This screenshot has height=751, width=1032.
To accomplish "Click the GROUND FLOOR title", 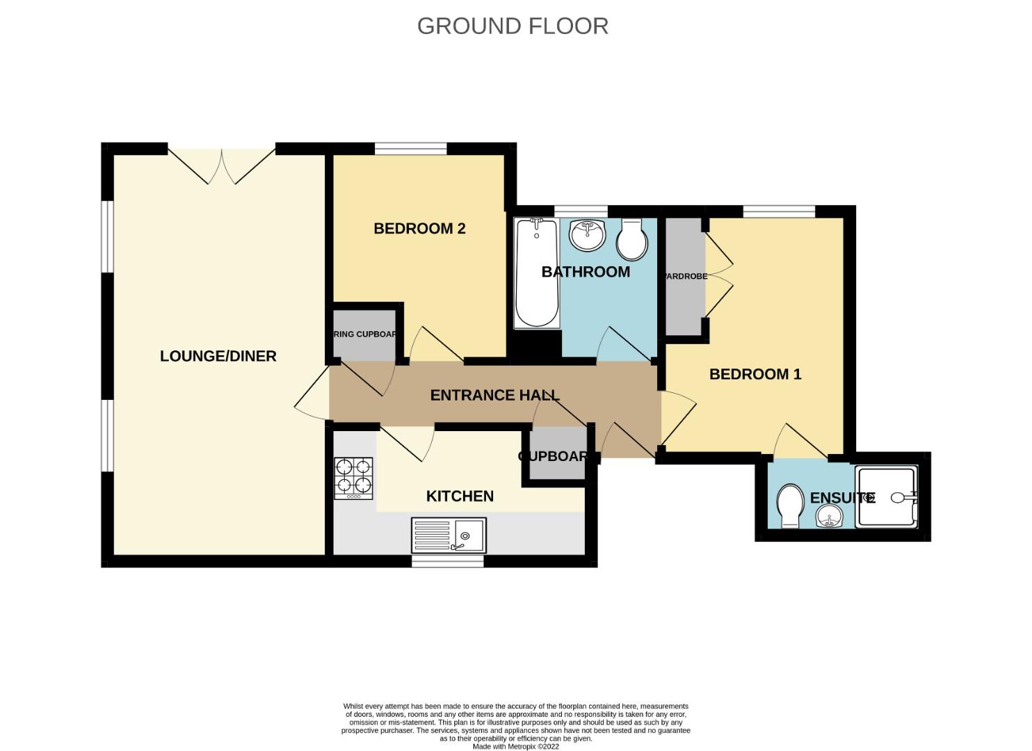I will coord(513,26).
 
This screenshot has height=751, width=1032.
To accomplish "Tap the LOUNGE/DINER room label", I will coord(218,356).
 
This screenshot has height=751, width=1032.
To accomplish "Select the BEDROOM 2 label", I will coord(419,229).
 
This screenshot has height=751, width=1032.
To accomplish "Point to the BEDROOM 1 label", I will coord(755,374).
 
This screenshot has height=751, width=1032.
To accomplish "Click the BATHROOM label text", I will coord(586,272).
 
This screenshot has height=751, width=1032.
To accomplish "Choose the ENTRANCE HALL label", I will coord(494,395).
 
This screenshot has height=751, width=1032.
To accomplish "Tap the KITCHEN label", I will coord(460,496).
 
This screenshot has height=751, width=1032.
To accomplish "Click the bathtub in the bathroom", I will coord(537,273).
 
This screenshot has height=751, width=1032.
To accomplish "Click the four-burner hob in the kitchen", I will coord(353,478).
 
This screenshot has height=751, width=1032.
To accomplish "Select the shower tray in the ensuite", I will coord(887,497).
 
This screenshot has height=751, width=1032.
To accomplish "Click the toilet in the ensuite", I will coord(789,506).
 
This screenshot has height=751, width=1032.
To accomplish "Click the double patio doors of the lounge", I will coord(222,165).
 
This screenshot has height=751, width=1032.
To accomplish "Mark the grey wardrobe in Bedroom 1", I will coord(685,276).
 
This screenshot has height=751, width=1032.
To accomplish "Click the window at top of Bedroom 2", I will coord(410,148).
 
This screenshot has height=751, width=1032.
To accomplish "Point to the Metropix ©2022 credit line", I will coord(515,747).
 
